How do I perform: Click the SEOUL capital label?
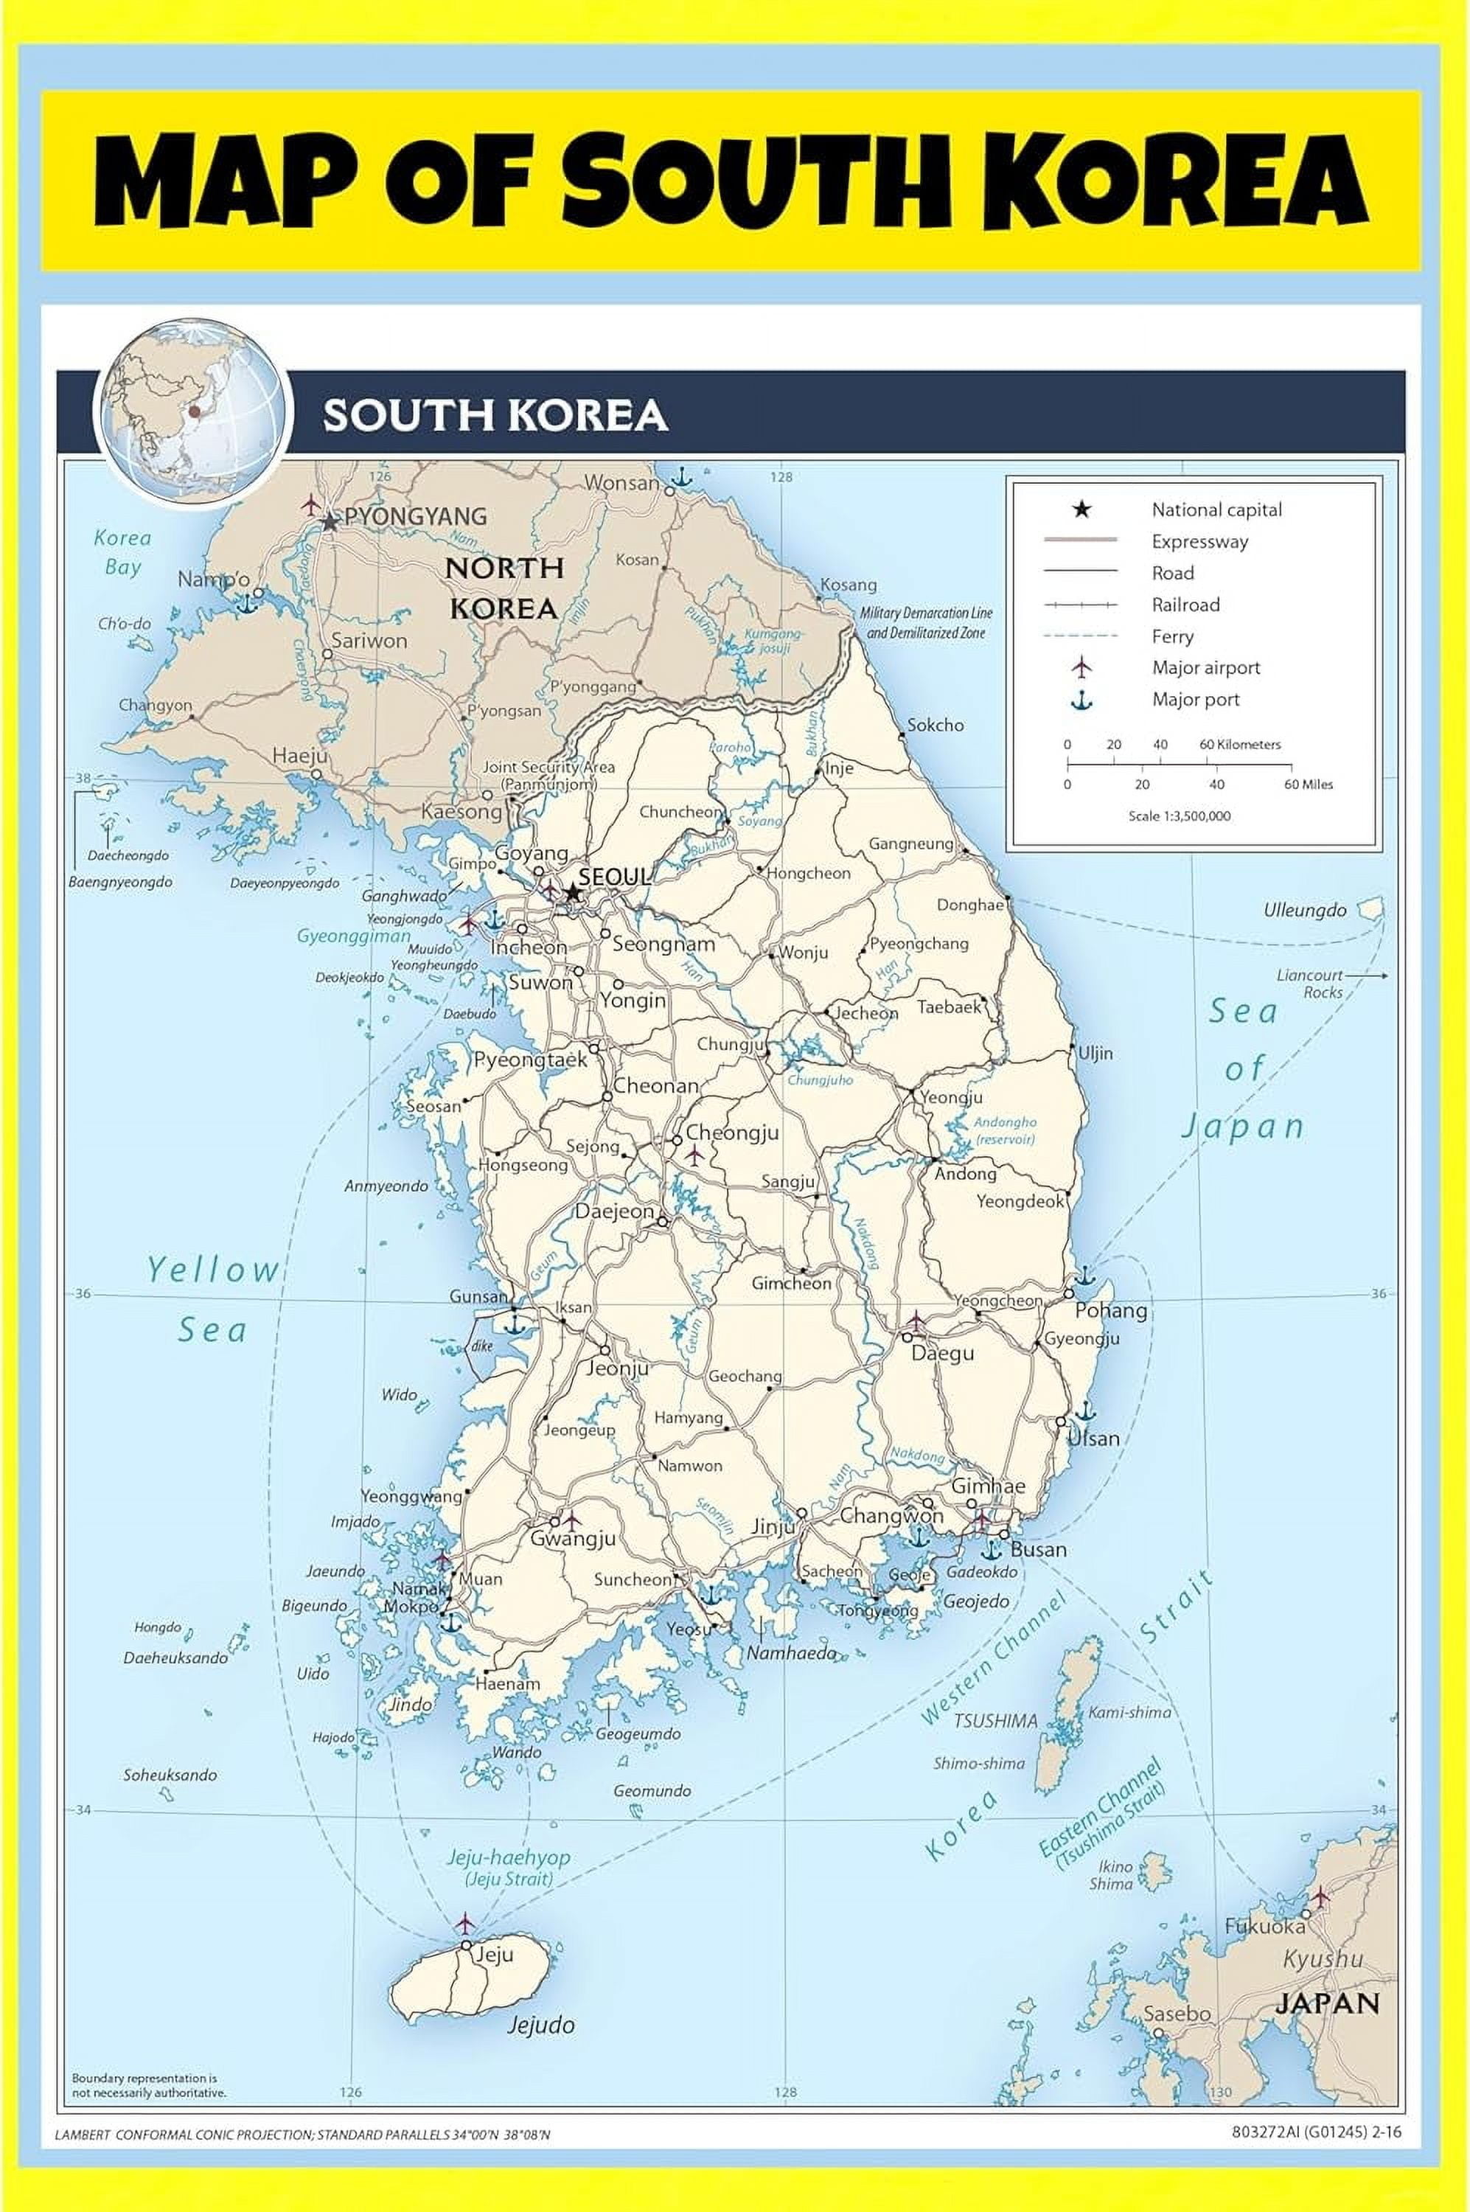click(x=614, y=877)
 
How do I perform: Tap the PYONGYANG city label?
click(x=415, y=515)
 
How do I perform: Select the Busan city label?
click(x=1038, y=1549)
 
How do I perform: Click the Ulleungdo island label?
click(x=1304, y=910)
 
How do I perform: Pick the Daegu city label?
click(x=942, y=1353)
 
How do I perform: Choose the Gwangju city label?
click(x=573, y=1538)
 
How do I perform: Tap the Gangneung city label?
click(x=910, y=843)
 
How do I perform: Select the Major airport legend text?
click(x=1205, y=667)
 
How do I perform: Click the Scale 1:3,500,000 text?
click(x=1180, y=815)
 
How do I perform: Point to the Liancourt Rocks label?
click(x=1310, y=984)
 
